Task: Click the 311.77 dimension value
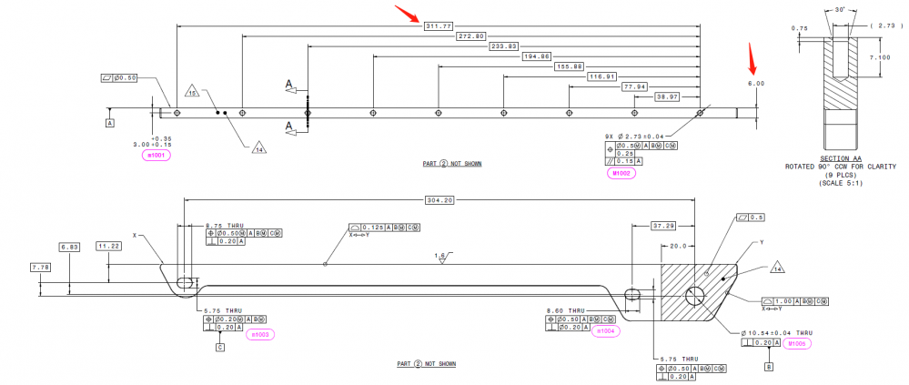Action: pos(438,25)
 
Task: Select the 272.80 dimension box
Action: pos(470,35)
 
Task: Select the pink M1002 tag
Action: pos(621,173)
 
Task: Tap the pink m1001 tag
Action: pos(157,156)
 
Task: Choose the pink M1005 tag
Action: pos(798,343)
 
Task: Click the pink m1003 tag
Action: pos(260,335)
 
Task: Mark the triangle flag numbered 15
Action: pos(192,92)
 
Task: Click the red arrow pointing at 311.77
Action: pos(406,14)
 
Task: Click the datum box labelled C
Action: pos(219,347)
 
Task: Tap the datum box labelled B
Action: pos(770,367)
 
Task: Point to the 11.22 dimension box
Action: pos(108,246)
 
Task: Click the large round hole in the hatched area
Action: pos(696,295)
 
